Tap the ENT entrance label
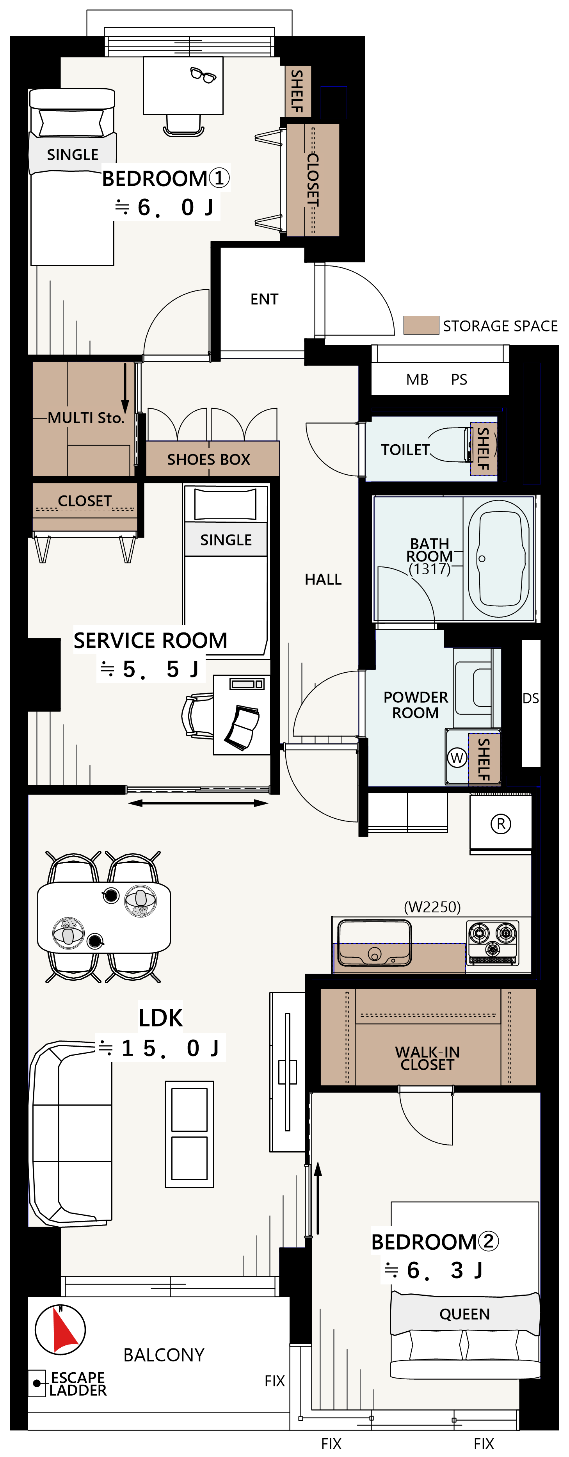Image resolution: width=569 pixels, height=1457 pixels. [x=264, y=299]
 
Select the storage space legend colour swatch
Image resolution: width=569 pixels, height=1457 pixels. [x=421, y=325]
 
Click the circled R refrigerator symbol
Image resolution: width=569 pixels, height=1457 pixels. [x=501, y=824]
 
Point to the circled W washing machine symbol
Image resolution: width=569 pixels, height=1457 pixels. [x=457, y=757]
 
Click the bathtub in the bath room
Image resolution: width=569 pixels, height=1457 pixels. [x=499, y=558]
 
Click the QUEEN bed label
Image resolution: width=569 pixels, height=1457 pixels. [x=464, y=1314]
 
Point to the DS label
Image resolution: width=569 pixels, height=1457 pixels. [x=530, y=698]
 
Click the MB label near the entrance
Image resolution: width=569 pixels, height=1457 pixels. [x=418, y=379]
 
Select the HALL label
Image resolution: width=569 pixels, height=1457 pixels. [x=323, y=580]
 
